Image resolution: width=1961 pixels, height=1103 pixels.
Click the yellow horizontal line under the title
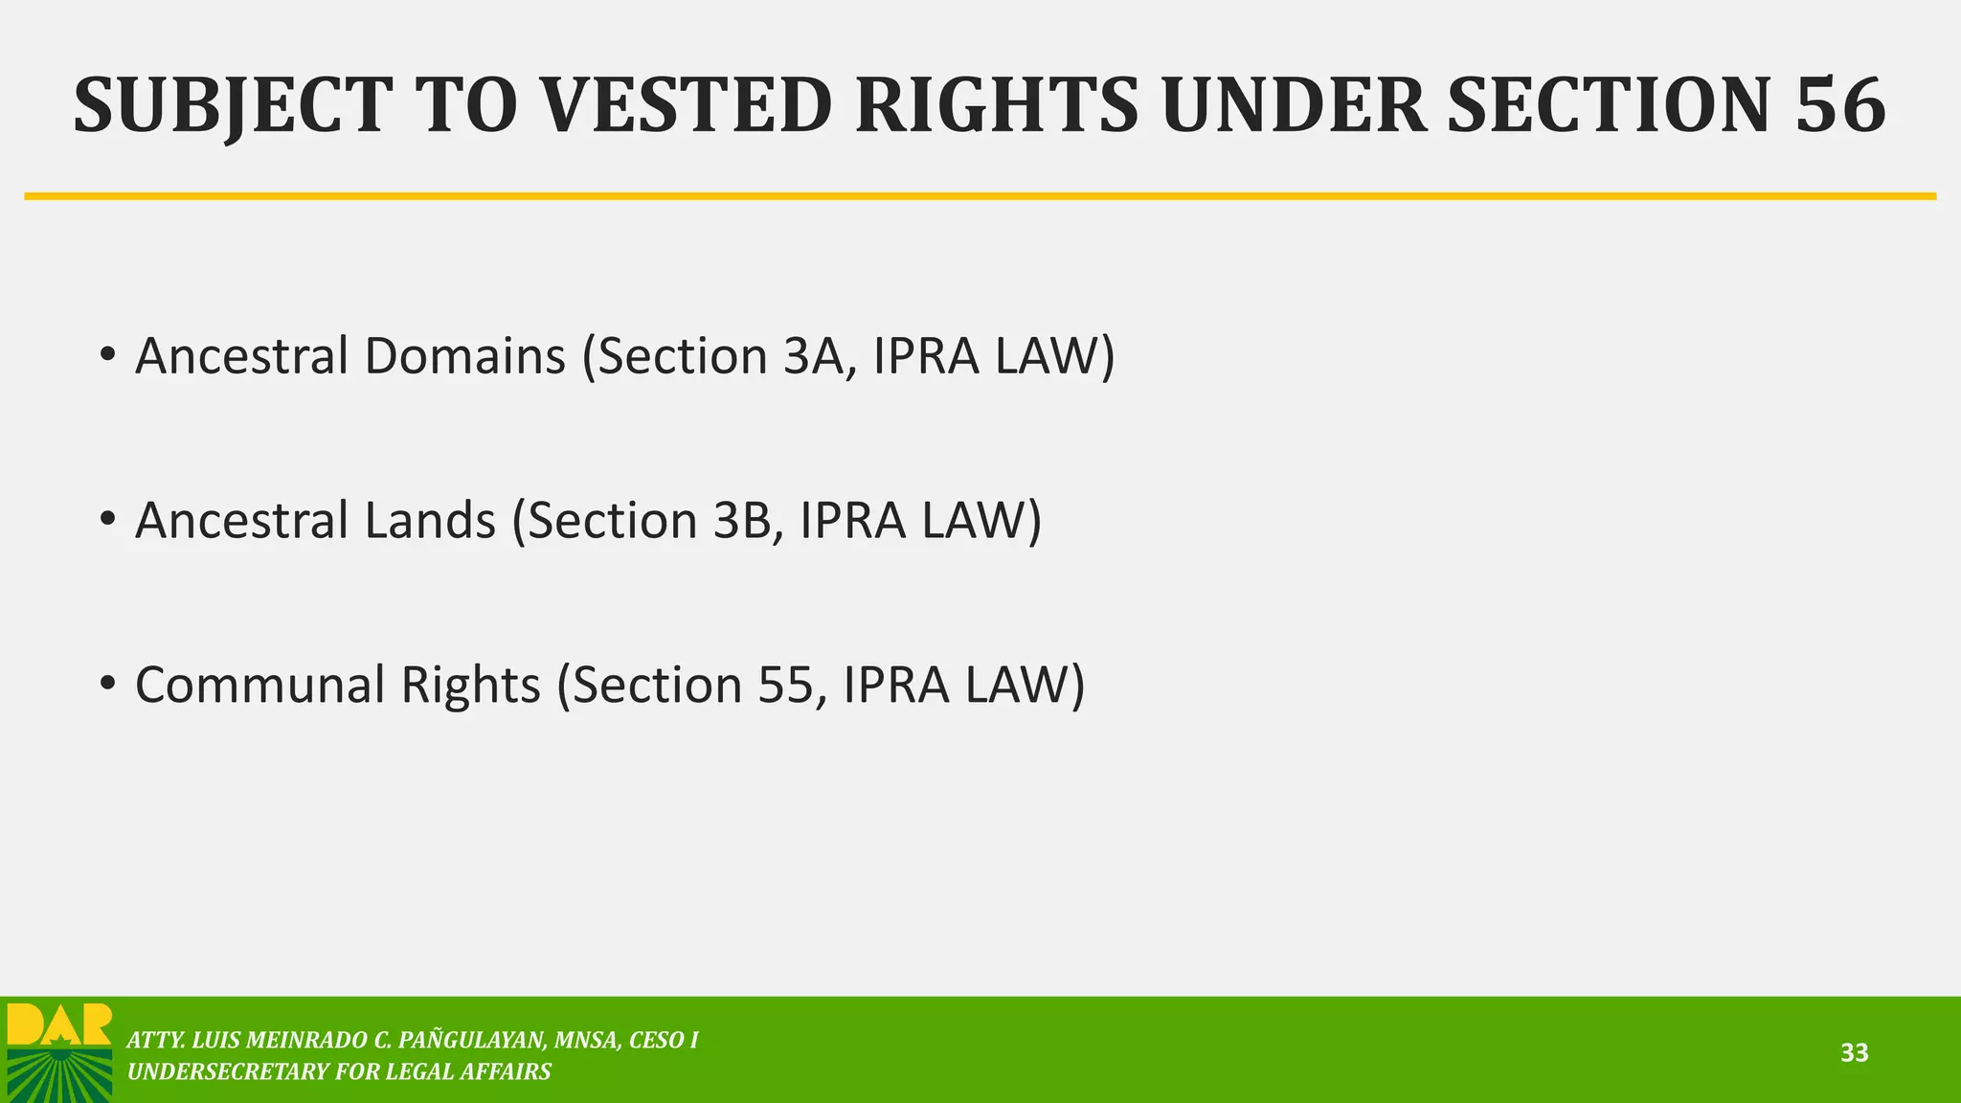tap(980, 196)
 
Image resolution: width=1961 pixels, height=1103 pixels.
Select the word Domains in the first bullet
tap(464, 356)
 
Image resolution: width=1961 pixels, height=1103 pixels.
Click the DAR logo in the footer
tap(59, 1051)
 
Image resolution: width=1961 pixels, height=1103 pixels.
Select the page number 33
tap(1854, 1053)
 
